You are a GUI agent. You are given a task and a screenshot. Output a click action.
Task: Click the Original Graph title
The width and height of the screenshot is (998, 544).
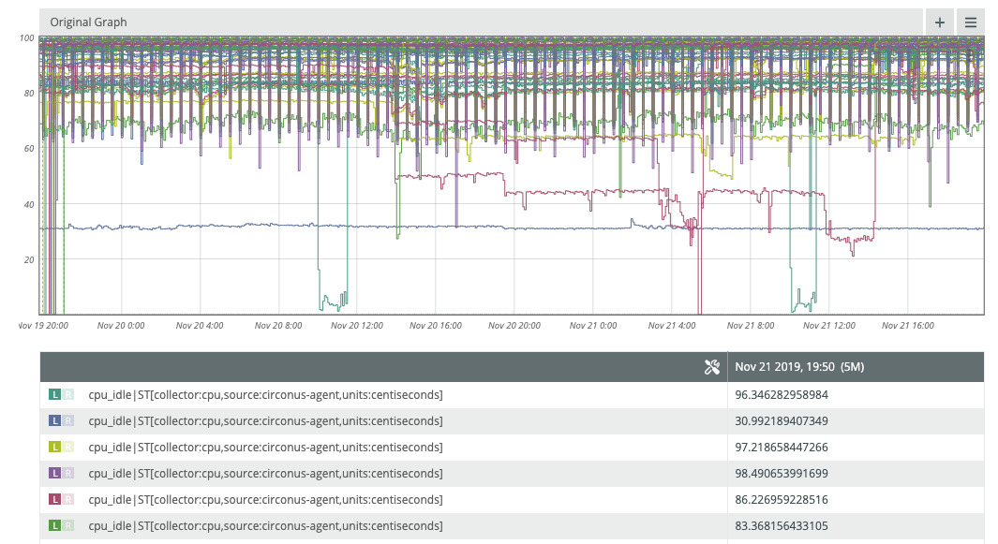(x=89, y=22)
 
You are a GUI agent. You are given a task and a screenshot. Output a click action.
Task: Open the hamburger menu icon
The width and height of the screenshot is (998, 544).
(x=971, y=22)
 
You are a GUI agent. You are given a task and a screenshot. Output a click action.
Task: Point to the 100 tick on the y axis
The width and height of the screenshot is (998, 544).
(x=26, y=37)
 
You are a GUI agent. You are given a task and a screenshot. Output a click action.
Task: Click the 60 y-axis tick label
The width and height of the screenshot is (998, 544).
(x=29, y=148)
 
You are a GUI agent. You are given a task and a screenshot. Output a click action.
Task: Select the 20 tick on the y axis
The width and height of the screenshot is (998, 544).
(x=29, y=259)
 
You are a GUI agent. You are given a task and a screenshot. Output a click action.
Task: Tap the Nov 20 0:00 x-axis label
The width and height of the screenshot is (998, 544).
(x=121, y=326)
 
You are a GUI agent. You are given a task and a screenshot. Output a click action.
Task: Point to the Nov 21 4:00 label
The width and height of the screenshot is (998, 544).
(x=673, y=326)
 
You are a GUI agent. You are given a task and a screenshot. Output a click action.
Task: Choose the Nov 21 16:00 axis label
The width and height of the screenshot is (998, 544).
(x=909, y=326)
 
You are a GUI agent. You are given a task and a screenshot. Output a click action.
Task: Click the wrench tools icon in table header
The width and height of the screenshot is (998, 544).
(x=711, y=367)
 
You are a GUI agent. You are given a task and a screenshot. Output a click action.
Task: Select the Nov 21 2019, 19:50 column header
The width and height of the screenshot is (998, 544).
(x=799, y=367)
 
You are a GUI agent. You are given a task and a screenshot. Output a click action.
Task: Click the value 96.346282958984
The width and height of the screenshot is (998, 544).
(x=782, y=395)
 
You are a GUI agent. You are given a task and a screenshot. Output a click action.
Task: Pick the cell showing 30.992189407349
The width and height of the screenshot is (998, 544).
(x=782, y=421)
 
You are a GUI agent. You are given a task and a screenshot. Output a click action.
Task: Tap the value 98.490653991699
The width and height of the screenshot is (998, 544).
(x=782, y=474)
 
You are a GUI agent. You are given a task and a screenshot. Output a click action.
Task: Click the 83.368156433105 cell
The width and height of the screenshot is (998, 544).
(x=782, y=525)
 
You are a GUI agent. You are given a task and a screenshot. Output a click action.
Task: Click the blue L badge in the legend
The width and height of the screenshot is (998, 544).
(x=55, y=421)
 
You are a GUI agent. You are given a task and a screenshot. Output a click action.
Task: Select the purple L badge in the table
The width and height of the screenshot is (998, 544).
(x=55, y=474)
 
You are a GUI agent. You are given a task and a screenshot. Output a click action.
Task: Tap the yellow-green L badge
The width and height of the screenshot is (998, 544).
(x=55, y=448)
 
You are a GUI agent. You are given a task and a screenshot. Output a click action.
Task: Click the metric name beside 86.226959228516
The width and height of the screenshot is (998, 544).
(x=265, y=500)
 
